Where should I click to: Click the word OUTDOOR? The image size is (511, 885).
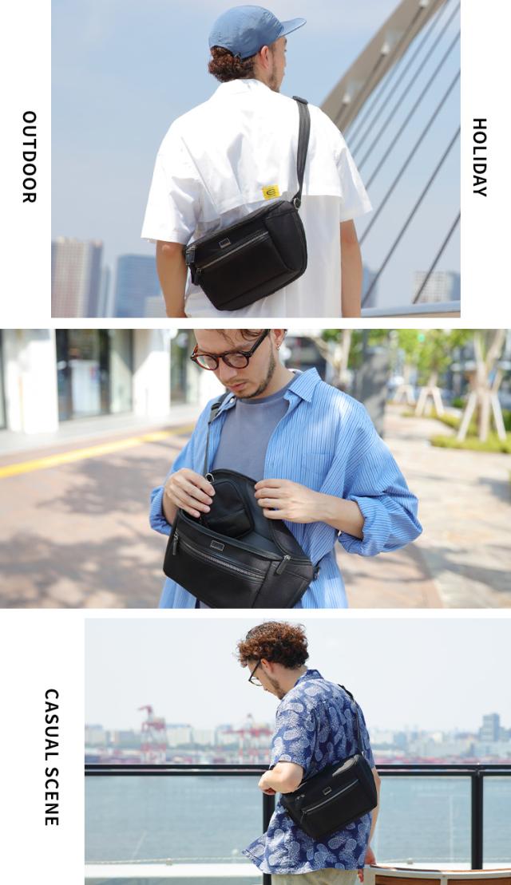[30, 156]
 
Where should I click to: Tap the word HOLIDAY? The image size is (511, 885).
[479, 157]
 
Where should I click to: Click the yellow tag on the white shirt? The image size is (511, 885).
[271, 192]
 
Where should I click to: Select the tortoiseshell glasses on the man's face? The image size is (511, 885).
[228, 353]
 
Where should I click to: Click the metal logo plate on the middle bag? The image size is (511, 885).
[218, 545]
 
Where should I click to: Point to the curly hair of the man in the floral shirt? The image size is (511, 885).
[273, 644]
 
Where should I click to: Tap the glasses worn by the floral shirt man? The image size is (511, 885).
[255, 674]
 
